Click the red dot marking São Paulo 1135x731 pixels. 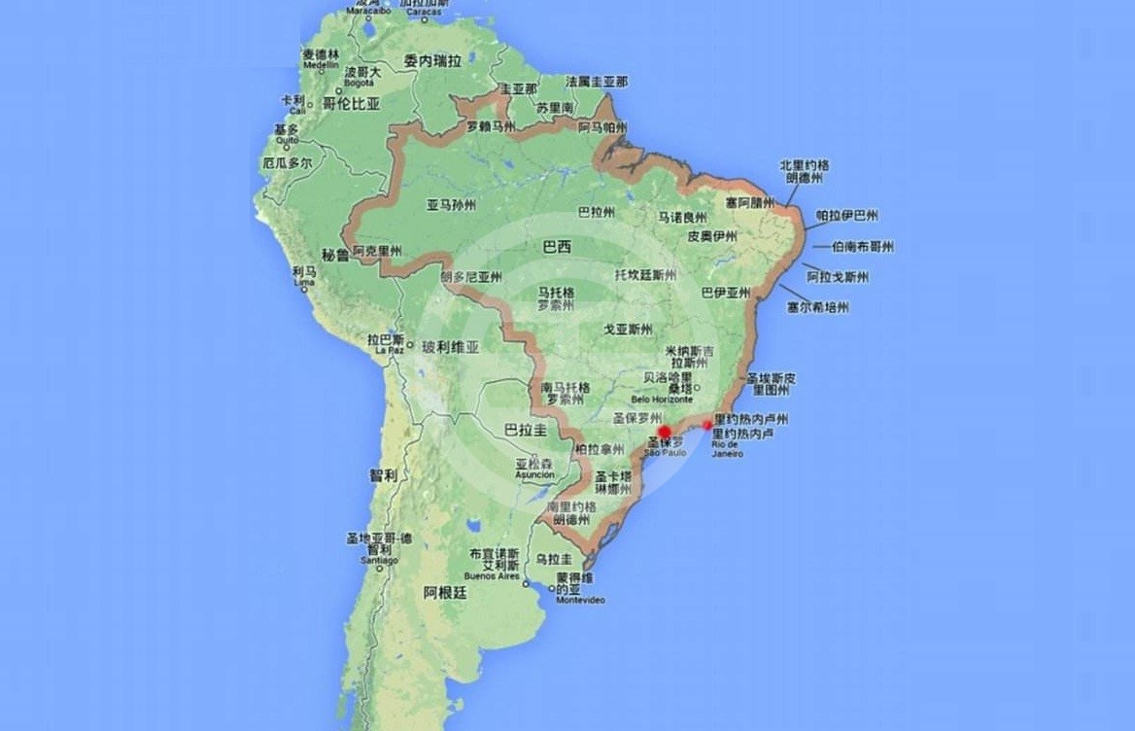(665, 432)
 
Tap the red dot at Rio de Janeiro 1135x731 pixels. (707, 425)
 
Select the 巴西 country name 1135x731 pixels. (557, 247)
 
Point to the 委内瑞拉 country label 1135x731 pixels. (432, 60)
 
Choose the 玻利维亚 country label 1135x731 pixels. (450, 346)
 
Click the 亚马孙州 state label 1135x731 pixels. (451, 205)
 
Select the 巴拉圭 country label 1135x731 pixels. (525, 429)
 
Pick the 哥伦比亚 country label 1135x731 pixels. (351, 103)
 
